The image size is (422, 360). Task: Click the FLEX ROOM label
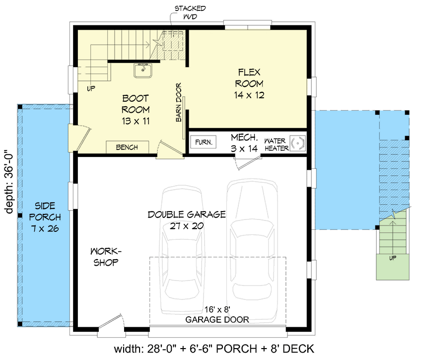pyautogui.click(x=249, y=83)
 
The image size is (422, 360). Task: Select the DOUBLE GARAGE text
pyautogui.click(x=186, y=220)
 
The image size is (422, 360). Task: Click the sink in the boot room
pyautogui.click(x=143, y=71)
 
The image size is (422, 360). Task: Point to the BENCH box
pyautogui.click(x=128, y=147)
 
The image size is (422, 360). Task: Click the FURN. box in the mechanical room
pyautogui.click(x=203, y=142)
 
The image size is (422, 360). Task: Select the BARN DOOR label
pyautogui.click(x=178, y=102)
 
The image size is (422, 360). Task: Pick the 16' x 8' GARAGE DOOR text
pyautogui.click(x=217, y=314)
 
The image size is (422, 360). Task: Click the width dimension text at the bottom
pyautogui.click(x=214, y=349)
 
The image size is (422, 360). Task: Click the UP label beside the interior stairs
pyautogui.click(x=91, y=88)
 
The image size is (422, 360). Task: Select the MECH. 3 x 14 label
pyautogui.click(x=244, y=142)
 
